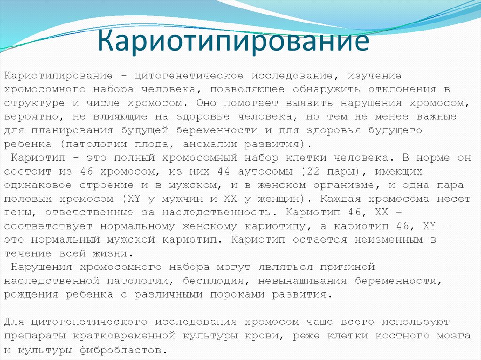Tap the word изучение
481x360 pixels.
[374, 76]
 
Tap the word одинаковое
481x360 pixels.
[38, 185]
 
